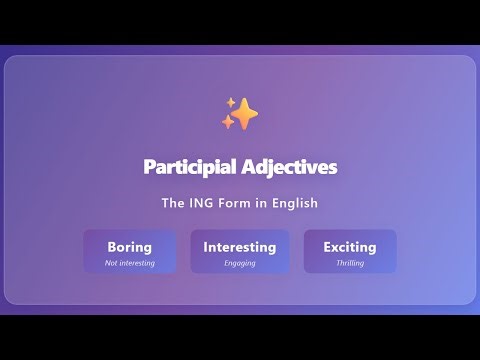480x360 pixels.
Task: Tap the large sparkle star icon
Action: pos(243,114)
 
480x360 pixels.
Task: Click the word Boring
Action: pos(130,247)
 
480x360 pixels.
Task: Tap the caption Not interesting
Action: pos(130,263)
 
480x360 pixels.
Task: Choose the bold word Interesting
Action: pos(240,247)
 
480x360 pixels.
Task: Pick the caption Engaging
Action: pos(240,263)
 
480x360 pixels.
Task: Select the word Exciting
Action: pos(350,247)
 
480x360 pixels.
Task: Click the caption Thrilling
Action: pos(350,263)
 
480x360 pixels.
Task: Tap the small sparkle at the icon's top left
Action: pos(230,102)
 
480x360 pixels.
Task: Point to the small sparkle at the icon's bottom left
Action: pos(228,123)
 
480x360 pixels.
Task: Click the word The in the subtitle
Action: pos(173,203)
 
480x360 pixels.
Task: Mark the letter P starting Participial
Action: pos(149,166)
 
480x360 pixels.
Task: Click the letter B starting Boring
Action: pos(112,247)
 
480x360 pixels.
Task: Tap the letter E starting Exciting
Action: pos(328,247)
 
